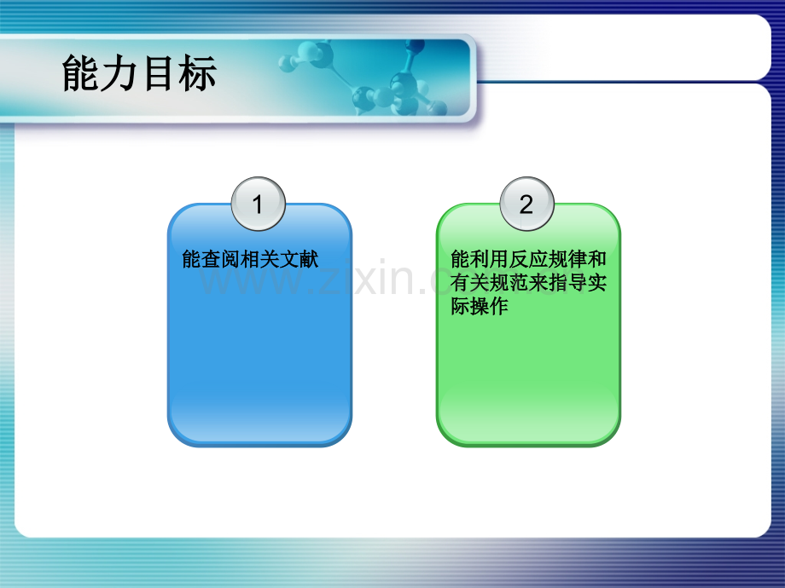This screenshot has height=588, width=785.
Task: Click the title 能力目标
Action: point(139,73)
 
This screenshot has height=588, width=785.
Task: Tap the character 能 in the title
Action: point(80,73)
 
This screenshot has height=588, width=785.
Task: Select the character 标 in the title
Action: point(198,73)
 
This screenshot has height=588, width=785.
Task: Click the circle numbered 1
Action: point(259,204)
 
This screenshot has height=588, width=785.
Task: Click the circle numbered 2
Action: point(526,204)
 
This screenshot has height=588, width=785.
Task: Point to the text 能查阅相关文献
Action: point(250,260)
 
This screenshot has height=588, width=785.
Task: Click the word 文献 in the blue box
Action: point(299,260)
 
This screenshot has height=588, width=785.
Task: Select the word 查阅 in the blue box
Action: point(221,260)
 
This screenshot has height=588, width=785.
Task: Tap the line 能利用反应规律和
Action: point(529,259)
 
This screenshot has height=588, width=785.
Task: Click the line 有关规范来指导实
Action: point(529,283)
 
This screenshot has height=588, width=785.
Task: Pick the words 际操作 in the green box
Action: point(480,306)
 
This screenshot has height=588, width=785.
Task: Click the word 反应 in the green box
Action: point(529,259)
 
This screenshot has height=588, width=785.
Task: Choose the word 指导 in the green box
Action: point(567,283)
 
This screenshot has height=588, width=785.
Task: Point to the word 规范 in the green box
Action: point(509,283)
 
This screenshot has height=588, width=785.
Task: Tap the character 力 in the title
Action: point(119,73)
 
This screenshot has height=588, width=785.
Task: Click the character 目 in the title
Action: point(159,73)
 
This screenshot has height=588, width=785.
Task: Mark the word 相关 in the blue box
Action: point(260,260)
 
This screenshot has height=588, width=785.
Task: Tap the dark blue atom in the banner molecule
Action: point(416,47)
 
